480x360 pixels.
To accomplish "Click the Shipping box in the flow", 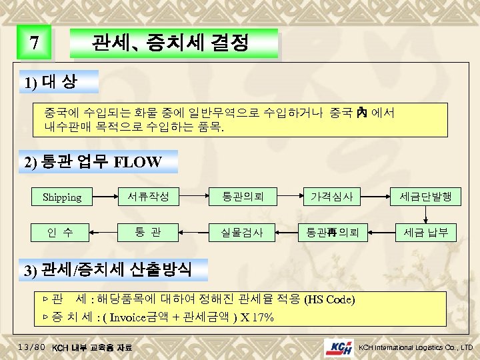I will [x=61, y=197].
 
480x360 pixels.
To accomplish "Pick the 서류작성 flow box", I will [x=147, y=196].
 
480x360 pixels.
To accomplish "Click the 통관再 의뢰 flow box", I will [x=332, y=233].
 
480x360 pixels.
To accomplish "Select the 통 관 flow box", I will [x=147, y=233].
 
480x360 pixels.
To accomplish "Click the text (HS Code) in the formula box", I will [x=329, y=299].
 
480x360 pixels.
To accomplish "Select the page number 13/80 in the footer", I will [x=31, y=347].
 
